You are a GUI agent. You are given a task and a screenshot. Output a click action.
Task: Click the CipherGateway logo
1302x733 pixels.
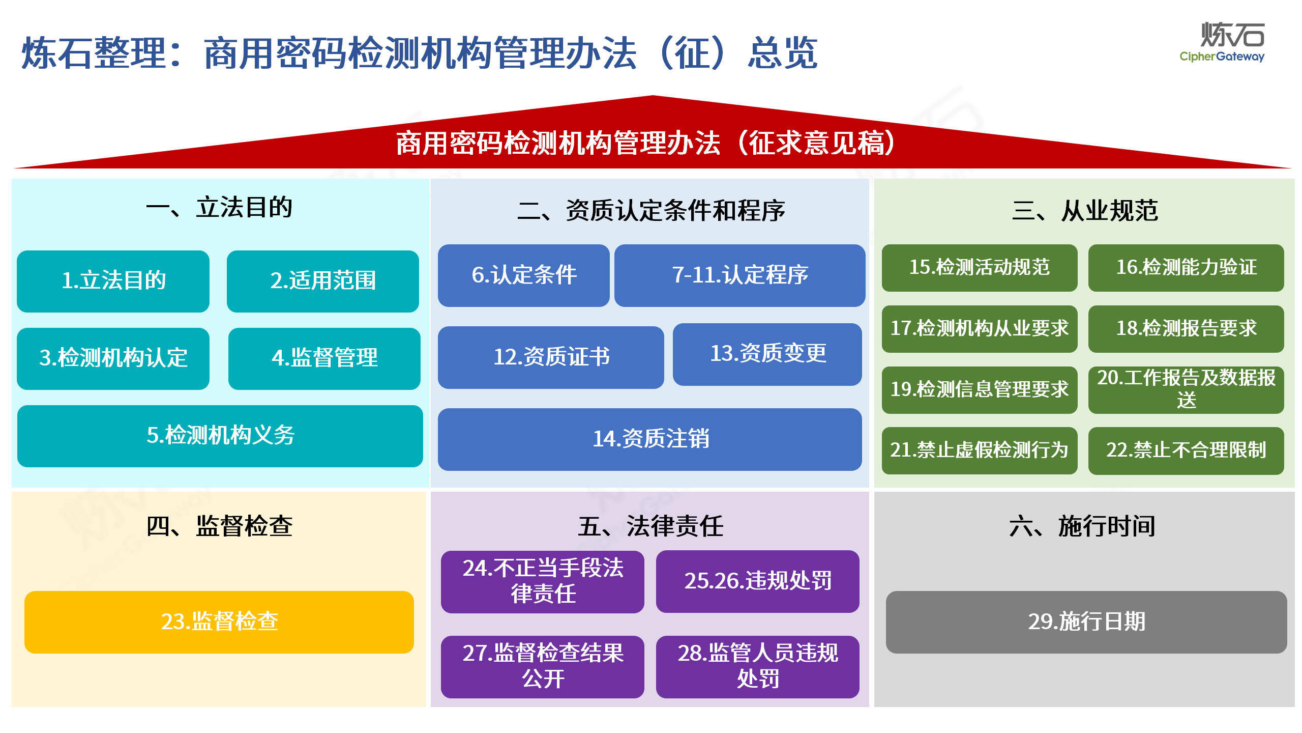point(1222,42)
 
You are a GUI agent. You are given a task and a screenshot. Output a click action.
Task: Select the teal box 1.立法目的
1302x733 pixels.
point(113,281)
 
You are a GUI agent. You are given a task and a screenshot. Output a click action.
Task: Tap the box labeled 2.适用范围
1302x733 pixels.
point(323,281)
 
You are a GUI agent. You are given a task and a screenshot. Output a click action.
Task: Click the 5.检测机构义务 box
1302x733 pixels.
point(220,436)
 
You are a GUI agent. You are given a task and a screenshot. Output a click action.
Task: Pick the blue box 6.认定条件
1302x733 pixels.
point(524,275)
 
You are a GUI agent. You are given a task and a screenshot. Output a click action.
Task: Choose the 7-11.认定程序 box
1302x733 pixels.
point(740,275)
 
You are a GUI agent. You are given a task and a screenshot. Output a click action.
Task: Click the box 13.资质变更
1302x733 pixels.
point(767,354)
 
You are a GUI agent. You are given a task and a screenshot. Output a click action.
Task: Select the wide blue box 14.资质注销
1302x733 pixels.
point(650,439)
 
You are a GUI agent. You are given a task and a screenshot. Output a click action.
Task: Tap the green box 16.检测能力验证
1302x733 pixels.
point(1186,268)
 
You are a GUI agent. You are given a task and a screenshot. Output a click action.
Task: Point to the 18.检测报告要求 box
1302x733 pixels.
point(1186,329)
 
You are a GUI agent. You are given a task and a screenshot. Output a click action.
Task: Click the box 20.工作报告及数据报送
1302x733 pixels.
point(1186,390)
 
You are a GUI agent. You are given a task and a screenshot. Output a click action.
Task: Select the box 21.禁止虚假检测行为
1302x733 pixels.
point(980,451)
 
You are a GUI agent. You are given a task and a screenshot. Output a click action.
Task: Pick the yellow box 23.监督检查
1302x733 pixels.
point(219,622)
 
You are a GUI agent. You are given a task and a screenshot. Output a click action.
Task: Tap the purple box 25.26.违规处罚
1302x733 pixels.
point(758,581)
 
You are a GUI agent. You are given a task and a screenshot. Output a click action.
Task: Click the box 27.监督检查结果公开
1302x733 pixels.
point(543,667)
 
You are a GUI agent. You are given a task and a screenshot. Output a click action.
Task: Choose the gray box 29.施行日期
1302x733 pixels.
point(1086,622)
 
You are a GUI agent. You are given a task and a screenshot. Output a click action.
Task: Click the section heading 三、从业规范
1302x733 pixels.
point(1085,210)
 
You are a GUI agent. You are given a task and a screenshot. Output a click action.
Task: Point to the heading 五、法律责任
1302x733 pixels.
point(650,526)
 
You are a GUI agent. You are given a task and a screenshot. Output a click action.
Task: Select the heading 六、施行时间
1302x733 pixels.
point(1082,526)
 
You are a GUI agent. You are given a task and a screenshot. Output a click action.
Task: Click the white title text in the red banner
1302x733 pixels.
point(646,143)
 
